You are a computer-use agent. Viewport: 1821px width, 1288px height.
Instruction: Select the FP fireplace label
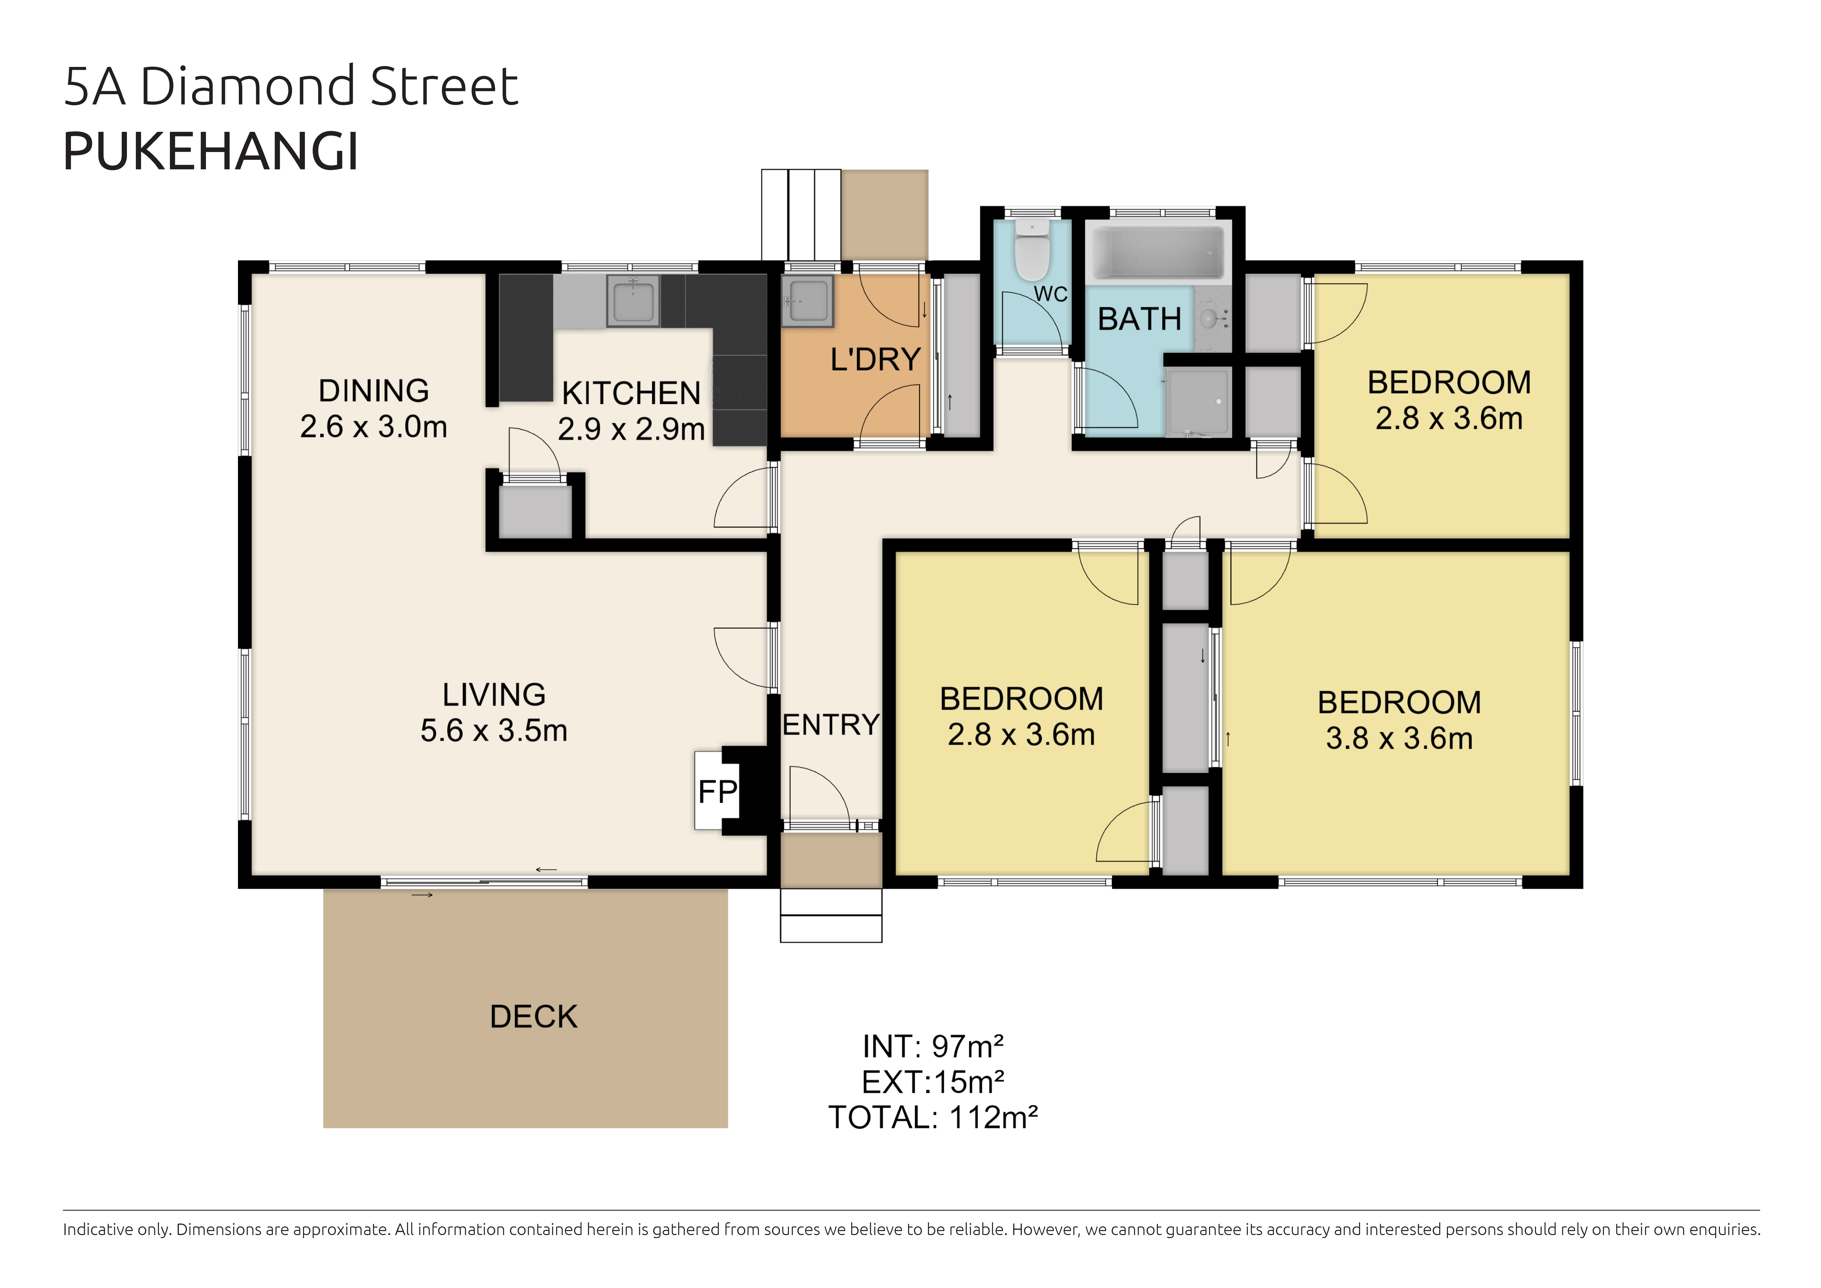(718, 792)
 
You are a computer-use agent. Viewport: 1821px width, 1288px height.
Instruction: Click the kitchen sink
(633, 301)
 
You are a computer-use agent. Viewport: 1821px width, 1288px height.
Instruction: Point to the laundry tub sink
(807, 301)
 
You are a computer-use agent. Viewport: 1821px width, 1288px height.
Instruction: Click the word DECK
(534, 1017)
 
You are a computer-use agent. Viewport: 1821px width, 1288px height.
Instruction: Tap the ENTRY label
(830, 725)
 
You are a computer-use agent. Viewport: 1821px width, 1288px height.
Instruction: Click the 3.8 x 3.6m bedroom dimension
(1399, 738)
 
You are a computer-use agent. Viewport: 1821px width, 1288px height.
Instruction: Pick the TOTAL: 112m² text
(933, 1118)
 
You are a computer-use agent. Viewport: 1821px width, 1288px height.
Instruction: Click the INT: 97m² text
(933, 1047)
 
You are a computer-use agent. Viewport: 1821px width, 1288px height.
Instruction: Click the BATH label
(1140, 319)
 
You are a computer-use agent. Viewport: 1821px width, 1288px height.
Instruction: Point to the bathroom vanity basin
(1211, 319)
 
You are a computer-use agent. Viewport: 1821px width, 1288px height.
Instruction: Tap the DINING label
(374, 391)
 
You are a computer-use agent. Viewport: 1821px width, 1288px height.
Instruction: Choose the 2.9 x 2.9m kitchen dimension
(631, 429)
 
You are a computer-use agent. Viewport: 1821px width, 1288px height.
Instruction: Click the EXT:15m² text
(933, 1082)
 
